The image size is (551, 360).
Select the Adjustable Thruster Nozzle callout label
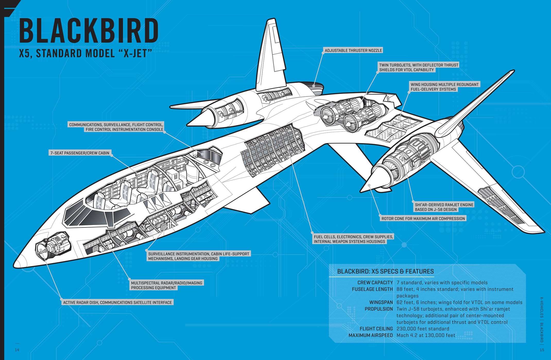tap(353, 50)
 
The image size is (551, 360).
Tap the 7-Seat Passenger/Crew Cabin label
tap(79, 153)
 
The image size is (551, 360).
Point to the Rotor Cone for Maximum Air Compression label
tap(423, 218)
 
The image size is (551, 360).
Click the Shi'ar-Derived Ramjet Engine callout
tap(444, 207)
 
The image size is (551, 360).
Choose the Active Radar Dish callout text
tap(117, 302)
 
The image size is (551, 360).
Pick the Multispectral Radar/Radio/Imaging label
tap(167, 285)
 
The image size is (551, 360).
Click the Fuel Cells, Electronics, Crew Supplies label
tap(353, 239)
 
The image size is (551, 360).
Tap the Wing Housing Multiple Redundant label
tap(444, 87)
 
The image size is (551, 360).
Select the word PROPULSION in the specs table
tap(378, 309)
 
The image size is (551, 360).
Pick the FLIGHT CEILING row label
tap(376, 329)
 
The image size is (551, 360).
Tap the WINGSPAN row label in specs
tap(381, 302)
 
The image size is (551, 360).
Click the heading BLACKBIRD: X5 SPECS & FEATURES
tap(385, 271)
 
